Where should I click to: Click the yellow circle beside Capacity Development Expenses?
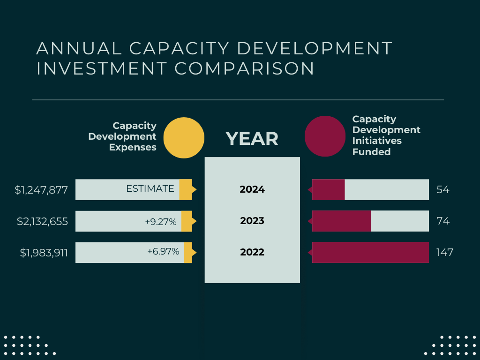(x=184, y=138)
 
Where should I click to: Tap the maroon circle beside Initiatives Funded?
(x=325, y=136)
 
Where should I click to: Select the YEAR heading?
(x=252, y=138)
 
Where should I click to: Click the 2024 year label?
(x=252, y=190)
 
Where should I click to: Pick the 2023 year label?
(x=252, y=221)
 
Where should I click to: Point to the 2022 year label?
(x=252, y=252)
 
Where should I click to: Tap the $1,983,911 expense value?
(x=44, y=253)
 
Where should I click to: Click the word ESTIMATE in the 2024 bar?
(x=150, y=189)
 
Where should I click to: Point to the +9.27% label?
(x=161, y=221)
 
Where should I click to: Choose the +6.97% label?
(x=163, y=252)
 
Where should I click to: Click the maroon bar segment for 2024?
(x=329, y=190)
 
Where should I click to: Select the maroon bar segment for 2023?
(x=342, y=221)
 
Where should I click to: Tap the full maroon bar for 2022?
(x=370, y=252)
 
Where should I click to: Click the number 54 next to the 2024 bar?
(x=442, y=190)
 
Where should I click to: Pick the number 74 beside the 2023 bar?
(x=442, y=221)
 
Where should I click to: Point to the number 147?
(x=444, y=252)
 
